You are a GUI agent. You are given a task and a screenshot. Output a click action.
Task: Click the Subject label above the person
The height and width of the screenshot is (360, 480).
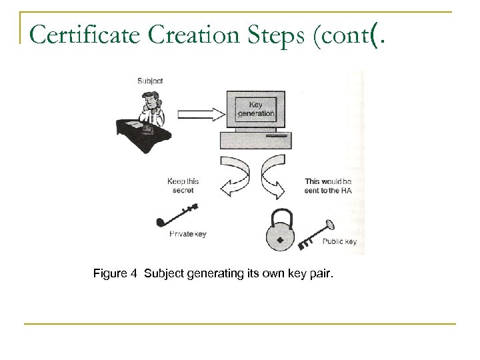(x=149, y=81)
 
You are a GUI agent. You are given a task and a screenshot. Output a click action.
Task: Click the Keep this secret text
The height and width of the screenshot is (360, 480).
(x=183, y=185)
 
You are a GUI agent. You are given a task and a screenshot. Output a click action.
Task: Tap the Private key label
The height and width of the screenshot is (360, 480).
(x=188, y=234)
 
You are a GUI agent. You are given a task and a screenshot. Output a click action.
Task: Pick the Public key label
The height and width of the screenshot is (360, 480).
(x=339, y=241)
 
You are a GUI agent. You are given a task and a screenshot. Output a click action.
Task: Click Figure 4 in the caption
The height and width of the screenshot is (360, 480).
(x=115, y=273)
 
